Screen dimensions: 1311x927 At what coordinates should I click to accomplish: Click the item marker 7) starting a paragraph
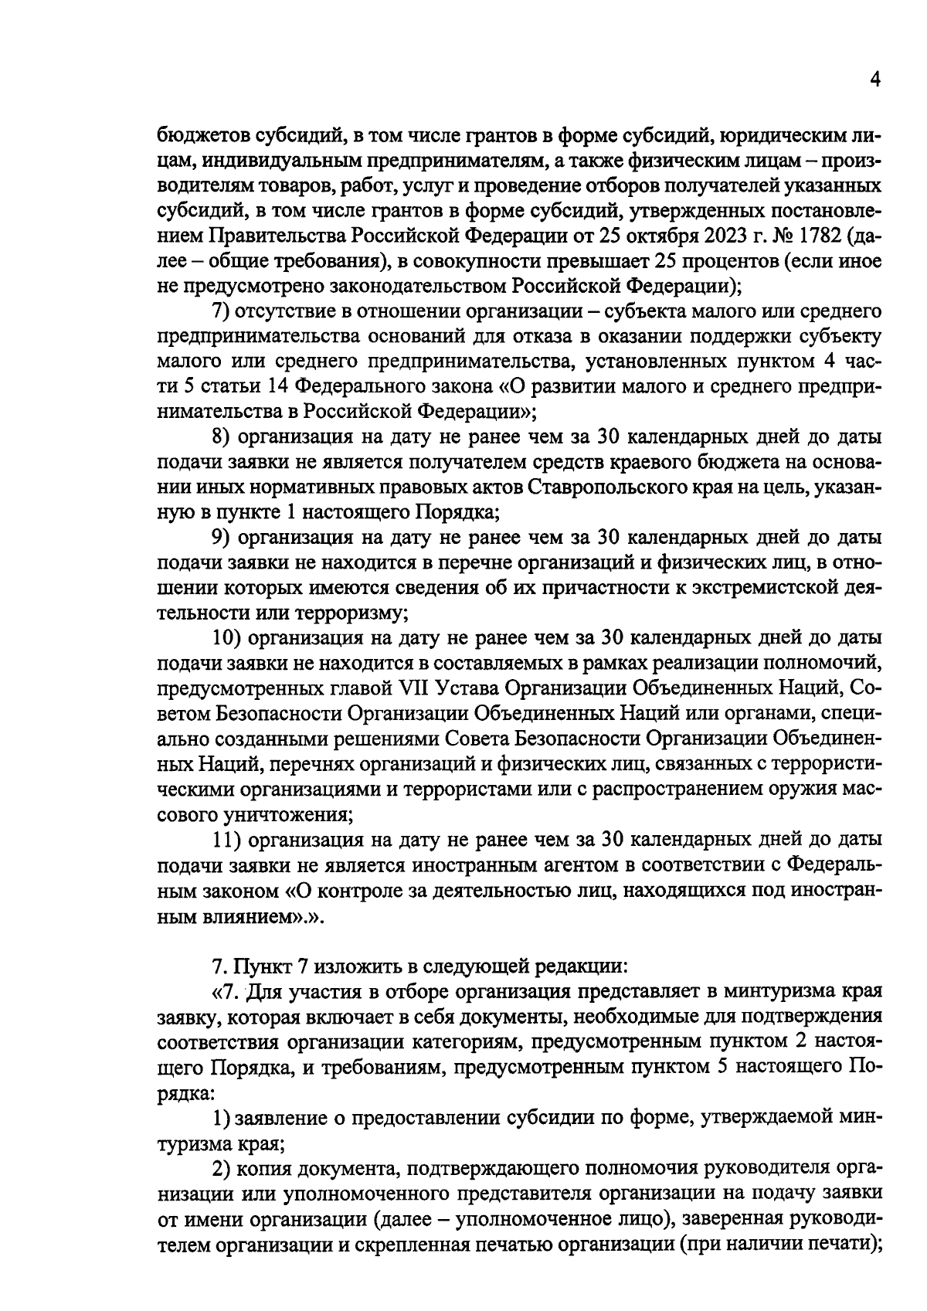(x=223, y=311)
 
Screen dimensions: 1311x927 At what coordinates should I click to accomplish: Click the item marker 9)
(x=223, y=537)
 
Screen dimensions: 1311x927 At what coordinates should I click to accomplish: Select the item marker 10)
(x=228, y=638)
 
